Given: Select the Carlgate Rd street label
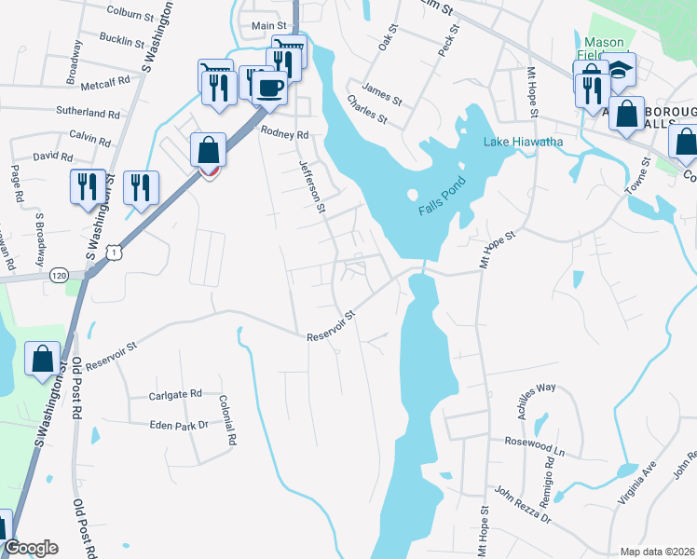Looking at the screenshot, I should [x=175, y=395].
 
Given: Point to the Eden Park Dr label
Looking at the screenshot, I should [x=180, y=425].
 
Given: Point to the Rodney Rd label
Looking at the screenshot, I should [x=284, y=133].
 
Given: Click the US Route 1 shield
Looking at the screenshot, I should [x=113, y=251].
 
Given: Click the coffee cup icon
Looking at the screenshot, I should [x=269, y=88].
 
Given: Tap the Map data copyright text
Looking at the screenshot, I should [x=657, y=552].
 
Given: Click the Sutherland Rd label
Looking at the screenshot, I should [x=89, y=114].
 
